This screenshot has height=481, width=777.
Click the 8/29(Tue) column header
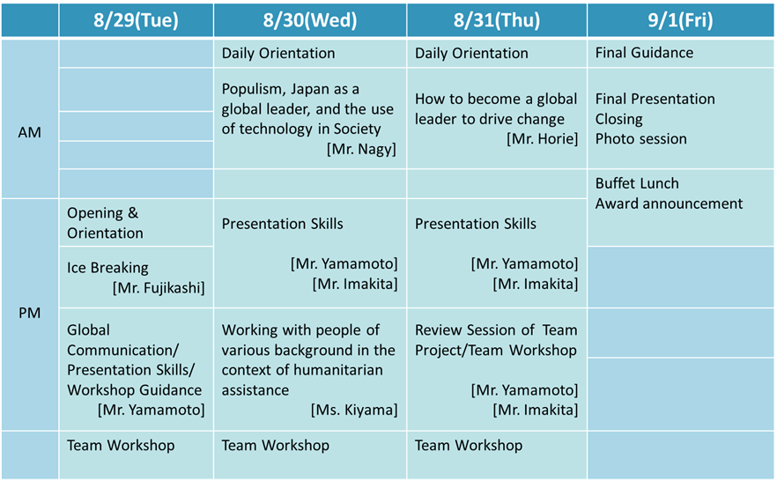(x=136, y=20)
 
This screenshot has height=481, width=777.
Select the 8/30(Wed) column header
(x=310, y=20)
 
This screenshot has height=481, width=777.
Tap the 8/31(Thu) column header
(x=497, y=20)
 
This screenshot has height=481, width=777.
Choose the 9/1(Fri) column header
(x=680, y=20)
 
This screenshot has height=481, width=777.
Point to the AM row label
(x=29, y=132)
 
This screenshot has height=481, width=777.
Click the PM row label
(x=29, y=313)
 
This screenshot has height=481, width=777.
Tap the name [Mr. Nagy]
(x=361, y=149)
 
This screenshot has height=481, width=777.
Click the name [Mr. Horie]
(x=542, y=138)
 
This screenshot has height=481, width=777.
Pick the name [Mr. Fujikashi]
(x=159, y=288)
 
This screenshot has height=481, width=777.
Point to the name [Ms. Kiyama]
(x=354, y=411)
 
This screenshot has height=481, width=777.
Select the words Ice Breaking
(x=107, y=268)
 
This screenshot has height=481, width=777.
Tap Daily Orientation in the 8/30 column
(x=278, y=54)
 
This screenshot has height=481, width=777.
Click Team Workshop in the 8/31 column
(x=469, y=446)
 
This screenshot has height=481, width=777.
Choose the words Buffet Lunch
(x=637, y=183)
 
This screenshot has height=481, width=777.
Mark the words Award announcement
(x=669, y=203)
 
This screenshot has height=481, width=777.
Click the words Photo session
(x=640, y=138)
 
